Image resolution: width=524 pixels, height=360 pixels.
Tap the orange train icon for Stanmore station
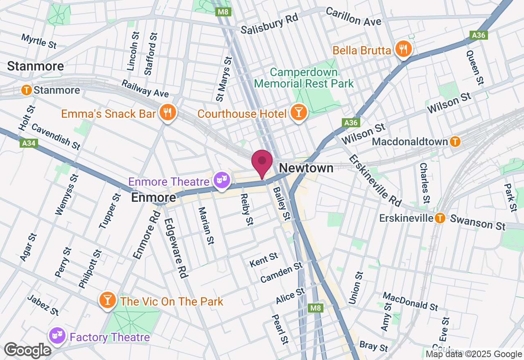click(x=27, y=90)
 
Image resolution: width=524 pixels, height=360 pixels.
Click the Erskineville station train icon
click(x=440, y=218)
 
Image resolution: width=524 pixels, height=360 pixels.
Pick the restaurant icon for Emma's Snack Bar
click(x=167, y=112)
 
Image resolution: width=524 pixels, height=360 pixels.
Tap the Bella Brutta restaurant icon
click(x=403, y=49)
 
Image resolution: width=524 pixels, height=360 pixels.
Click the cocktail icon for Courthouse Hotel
click(x=298, y=112)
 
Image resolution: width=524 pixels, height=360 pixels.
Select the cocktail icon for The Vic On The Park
click(x=107, y=300)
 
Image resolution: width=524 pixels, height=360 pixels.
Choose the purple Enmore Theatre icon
click(x=222, y=180)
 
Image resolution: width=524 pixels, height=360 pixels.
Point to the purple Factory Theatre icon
click(x=56, y=336)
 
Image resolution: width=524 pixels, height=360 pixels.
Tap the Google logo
click(x=27, y=351)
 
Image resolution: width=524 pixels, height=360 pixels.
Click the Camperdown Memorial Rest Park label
click(x=304, y=78)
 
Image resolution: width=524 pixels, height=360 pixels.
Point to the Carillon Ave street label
click(x=353, y=17)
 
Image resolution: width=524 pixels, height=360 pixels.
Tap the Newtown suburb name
click(x=306, y=168)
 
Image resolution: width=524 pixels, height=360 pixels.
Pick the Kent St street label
click(x=264, y=259)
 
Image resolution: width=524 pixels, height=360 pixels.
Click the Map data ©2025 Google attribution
click(x=474, y=354)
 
